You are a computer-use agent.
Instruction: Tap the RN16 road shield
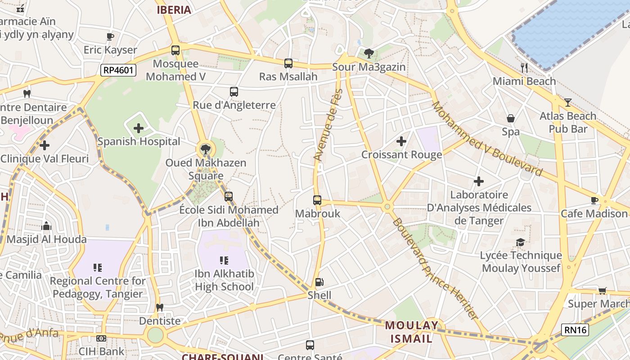point(575,330)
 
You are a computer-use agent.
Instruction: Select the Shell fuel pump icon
point(319,282)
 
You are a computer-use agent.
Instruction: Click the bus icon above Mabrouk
point(317,200)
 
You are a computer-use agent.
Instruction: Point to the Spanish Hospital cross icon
point(139,129)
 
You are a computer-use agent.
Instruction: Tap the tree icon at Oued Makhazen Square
point(206,149)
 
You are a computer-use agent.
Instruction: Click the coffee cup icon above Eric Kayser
point(110,36)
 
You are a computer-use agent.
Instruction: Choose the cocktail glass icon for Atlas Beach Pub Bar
point(567,103)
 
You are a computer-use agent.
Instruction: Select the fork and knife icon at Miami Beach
point(524,68)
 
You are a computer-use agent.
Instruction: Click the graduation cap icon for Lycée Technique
point(521,243)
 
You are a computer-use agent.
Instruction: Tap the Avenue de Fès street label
point(328,125)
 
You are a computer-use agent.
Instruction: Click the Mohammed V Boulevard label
point(487,139)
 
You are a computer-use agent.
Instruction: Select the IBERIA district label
point(174,10)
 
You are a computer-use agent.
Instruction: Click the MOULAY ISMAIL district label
point(411,332)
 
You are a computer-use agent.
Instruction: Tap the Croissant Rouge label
point(401,155)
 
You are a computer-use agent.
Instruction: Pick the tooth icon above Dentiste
point(159,308)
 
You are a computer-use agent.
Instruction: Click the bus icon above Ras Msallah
point(288,63)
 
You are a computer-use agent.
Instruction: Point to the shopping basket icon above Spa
point(511,119)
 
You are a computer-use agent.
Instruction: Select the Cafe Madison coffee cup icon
point(594,200)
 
